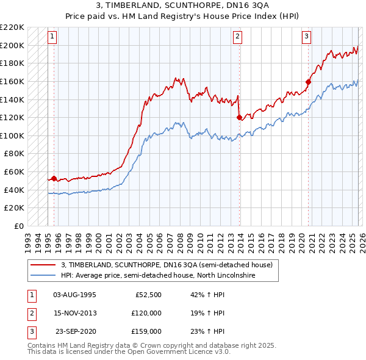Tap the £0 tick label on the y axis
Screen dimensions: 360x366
pos(18,226)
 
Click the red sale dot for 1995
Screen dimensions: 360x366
pos(54,179)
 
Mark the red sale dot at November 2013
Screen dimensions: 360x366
pos(239,118)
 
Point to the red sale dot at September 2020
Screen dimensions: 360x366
pos(308,82)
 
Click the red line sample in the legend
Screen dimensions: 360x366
pos(43,265)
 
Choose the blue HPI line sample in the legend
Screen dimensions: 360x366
pos(43,275)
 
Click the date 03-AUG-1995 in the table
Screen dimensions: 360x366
pos(74,295)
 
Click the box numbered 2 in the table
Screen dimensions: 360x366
pos(31,313)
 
